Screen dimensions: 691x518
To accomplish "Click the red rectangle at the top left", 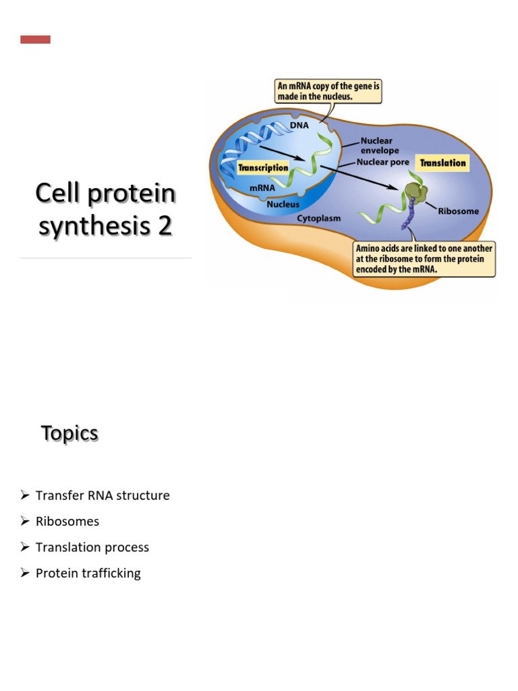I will point(35,40).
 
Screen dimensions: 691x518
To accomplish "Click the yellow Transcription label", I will point(264,167).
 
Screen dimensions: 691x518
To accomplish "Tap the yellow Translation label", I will point(442,163).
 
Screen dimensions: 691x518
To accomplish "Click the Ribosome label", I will point(458,211).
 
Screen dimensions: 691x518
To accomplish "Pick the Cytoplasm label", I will point(319,219).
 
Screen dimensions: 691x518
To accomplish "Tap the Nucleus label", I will point(283,203).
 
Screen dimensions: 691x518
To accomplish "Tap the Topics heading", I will point(69,433).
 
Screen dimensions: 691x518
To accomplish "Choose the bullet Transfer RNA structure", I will point(103,496).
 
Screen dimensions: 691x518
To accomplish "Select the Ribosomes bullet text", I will point(67,522).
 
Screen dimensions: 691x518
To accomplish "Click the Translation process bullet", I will point(92,547).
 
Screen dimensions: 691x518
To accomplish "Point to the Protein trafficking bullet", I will point(88,574).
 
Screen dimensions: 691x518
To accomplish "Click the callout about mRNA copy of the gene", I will point(328,91).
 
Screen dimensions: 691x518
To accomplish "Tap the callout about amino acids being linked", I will point(424,259).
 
